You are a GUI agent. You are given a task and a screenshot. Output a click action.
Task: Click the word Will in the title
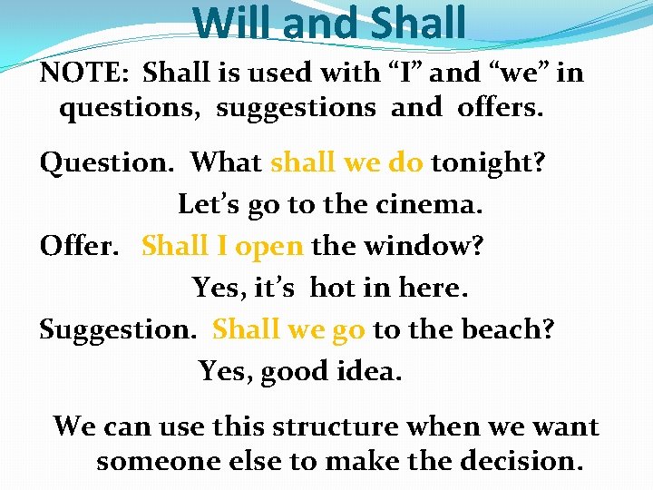[233, 24]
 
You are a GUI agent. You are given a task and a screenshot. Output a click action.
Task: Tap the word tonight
[487, 163]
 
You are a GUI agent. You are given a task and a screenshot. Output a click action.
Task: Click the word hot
[332, 288]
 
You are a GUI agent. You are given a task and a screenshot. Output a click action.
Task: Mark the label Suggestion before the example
[117, 330]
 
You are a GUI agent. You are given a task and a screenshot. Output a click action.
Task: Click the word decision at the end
[521, 461]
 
